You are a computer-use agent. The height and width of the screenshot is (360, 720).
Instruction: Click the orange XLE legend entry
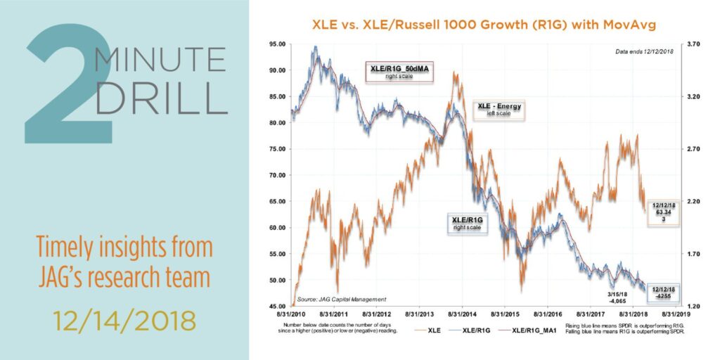(440, 330)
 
